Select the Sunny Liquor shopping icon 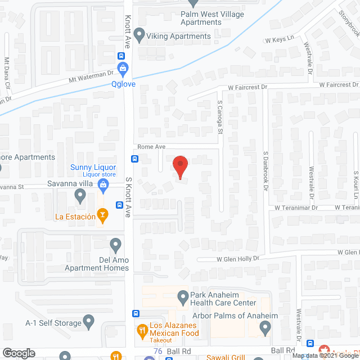(x=103, y=184)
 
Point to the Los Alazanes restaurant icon (x=142, y=329)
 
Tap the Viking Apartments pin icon (x=139, y=36)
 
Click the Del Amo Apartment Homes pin (x=116, y=245)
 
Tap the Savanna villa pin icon (x=80, y=196)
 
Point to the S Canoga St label (x=220, y=118)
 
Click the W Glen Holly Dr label (x=238, y=259)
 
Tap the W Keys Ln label (x=280, y=39)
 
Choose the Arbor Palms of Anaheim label (x=243, y=316)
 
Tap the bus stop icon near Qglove (x=121, y=56)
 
